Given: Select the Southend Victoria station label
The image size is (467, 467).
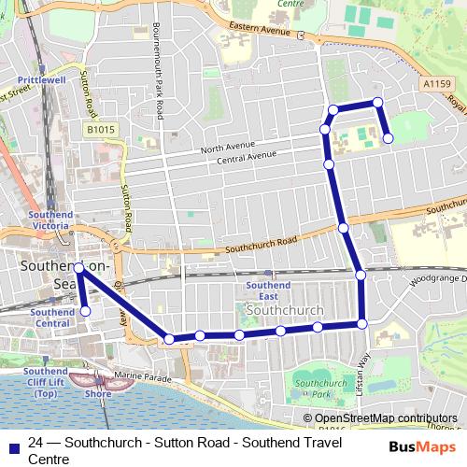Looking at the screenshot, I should coord(50,219).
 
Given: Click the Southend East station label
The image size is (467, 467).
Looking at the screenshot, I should coord(268,290).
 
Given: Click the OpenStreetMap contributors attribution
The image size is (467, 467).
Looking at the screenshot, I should coord(386,417).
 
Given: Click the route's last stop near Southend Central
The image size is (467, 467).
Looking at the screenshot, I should coord(85,311).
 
